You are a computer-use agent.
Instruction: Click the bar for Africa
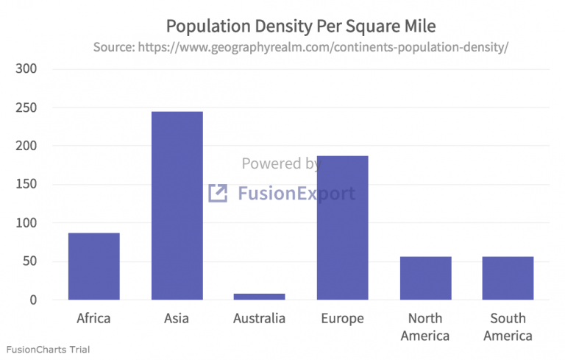point(93,267)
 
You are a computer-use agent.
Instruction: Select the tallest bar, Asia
point(177,205)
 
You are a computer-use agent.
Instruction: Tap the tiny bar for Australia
point(259,297)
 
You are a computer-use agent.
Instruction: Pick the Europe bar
point(342,227)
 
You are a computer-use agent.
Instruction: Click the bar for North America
point(425,278)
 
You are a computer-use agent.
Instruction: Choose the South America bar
point(508,278)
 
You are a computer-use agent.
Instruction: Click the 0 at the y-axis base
point(34,300)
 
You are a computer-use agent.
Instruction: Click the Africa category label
point(93,319)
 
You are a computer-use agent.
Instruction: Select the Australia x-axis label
point(259,319)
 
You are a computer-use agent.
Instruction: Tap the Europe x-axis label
point(342,319)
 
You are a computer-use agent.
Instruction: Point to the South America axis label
point(508,327)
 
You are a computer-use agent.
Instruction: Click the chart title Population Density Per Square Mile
point(301,27)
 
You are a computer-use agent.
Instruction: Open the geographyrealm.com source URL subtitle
point(301,47)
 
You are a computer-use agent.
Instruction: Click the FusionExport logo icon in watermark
point(218,194)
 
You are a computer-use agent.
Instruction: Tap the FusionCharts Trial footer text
point(48,349)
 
